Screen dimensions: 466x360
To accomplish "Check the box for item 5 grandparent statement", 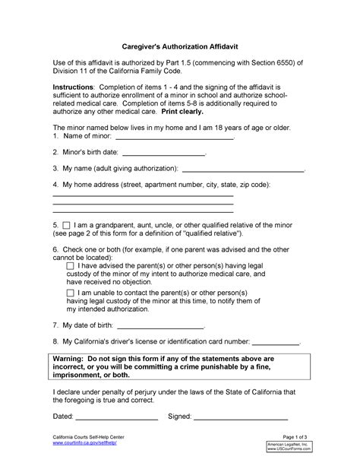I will point(66,227).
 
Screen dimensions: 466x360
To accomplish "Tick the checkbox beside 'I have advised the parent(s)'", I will point(71,266).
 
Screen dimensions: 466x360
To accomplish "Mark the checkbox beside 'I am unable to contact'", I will point(71,293).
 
